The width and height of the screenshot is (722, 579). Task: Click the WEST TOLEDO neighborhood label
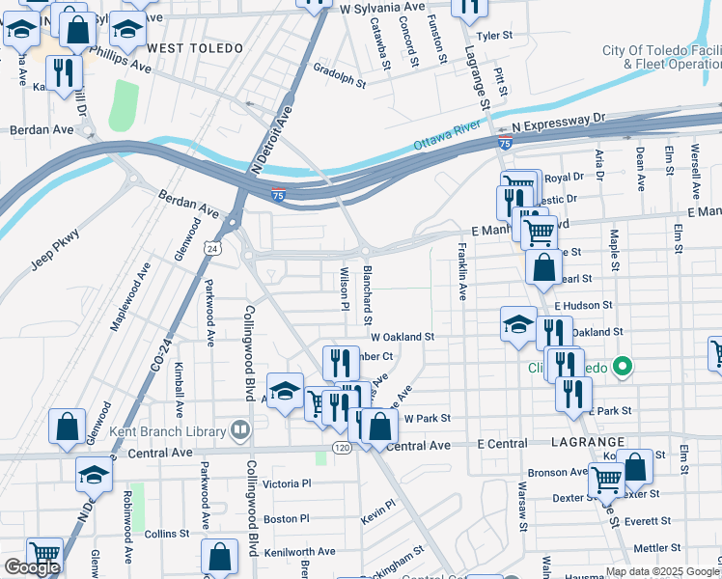189,47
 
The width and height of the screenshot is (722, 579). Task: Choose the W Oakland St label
403,338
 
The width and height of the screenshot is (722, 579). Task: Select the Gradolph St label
340,75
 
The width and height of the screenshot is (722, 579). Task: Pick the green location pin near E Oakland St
623,367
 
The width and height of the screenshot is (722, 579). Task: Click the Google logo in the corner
32,567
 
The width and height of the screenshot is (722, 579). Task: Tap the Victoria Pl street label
287,483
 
